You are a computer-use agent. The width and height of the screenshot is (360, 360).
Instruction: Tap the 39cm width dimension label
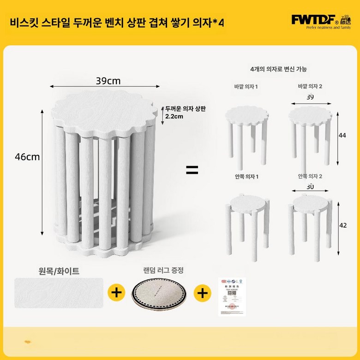(x=108, y=81)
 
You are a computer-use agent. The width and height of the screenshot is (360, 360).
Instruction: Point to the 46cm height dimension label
(x=27, y=157)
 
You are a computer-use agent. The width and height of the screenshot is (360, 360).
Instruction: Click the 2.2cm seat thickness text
(x=175, y=117)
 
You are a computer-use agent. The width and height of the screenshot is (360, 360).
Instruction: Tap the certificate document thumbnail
(x=232, y=297)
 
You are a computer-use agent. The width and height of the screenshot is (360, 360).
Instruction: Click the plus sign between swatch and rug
(x=116, y=292)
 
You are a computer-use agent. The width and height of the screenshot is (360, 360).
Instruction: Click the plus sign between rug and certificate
(x=202, y=292)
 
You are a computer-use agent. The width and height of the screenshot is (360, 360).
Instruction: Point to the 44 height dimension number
(x=342, y=136)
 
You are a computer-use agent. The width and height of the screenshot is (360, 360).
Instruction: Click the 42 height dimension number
(x=342, y=226)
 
